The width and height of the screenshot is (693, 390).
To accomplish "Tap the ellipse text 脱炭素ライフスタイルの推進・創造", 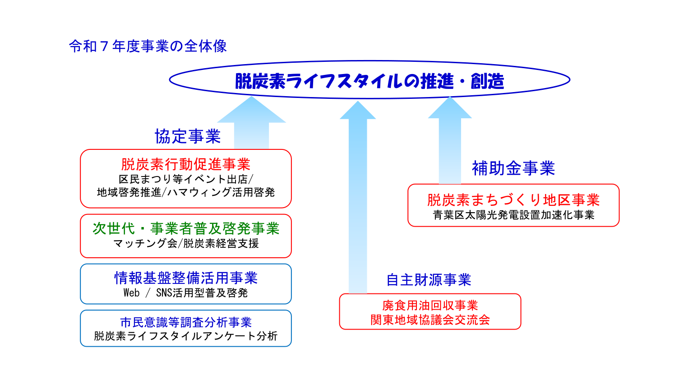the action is (x=370, y=81).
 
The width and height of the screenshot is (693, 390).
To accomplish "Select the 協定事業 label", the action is (x=188, y=136).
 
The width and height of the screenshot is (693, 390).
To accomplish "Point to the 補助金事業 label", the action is (x=513, y=168).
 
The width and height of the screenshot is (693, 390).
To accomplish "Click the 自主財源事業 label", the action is (x=429, y=280).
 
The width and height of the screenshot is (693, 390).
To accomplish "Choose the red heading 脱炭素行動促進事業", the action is (x=185, y=164).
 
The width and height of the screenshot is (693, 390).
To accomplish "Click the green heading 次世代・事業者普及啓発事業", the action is (x=186, y=228).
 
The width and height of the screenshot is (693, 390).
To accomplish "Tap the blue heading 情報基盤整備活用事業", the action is (x=186, y=278).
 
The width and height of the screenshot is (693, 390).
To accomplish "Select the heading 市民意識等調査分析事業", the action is (x=186, y=323).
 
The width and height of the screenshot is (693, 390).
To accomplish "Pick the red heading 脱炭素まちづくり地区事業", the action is (x=513, y=200).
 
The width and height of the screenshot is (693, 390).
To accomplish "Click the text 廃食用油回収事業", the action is (x=430, y=306).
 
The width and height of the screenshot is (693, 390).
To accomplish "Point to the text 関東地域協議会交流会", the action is (x=430, y=320).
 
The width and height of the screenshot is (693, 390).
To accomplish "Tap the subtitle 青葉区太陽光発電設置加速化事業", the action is (x=513, y=215).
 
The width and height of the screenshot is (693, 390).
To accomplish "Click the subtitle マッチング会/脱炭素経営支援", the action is (x=186, y=243).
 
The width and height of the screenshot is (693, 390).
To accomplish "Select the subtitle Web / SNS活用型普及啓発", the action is (x=185, y=292).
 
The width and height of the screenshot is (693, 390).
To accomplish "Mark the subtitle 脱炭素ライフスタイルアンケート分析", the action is (x=185, y=336).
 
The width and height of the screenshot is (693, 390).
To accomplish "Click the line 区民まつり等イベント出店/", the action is (x=186, y=179).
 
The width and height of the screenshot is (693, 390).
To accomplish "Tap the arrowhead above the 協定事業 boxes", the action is (x=251, y=110).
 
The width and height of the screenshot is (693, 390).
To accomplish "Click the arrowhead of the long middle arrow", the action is (x=358, y=110).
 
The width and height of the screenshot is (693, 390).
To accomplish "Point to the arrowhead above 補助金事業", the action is (x=450, y=107).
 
